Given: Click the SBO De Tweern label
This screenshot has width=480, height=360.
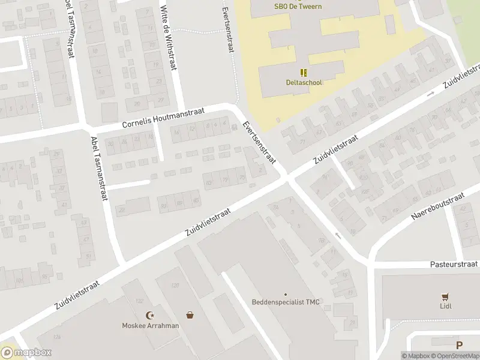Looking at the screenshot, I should [298, 7].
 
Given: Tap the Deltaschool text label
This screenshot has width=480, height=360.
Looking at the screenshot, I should [304, 82].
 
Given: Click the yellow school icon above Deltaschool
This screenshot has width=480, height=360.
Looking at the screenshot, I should [304, 73].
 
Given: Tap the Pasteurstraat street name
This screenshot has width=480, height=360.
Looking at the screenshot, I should [454, 264].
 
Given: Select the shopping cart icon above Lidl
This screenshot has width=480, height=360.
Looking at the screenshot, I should [445, 297].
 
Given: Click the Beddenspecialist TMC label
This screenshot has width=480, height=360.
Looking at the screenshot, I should [286, 302].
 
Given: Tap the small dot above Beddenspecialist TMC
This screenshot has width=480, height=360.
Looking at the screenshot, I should [286, 294].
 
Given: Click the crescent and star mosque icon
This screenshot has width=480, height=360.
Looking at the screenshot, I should [150, 316].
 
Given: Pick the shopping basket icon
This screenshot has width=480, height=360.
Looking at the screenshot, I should [190, 315].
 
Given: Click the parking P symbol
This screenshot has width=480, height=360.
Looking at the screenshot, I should [460, 345].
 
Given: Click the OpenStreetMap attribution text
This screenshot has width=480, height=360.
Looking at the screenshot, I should [457, 356].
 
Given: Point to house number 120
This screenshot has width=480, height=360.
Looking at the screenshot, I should [176, 286].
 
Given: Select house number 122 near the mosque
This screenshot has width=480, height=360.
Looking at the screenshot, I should [140, 300].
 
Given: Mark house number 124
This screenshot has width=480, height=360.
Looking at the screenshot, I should [56, 338].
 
